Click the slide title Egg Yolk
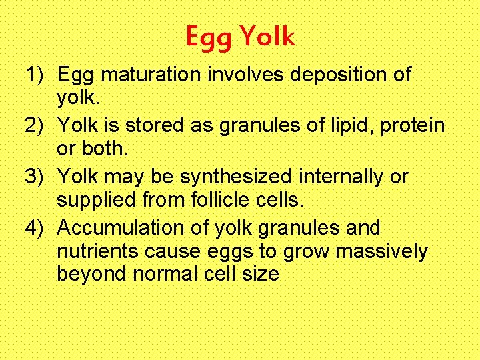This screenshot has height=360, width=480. coord(240,37)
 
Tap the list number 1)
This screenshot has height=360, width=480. coord(37,75)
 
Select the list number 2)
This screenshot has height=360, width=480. coord(37,125)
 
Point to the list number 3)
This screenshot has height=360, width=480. coord(37,177)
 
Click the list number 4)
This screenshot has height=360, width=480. coord(37,228)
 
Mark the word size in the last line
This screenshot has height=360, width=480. coord(261,273)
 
